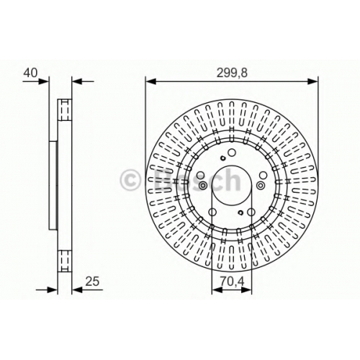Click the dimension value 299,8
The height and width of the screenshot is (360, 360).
(232, 73)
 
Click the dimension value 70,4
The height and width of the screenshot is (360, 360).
(232, 282)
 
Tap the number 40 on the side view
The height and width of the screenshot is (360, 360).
(30, 73)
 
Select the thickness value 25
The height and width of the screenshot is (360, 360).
(92, 282)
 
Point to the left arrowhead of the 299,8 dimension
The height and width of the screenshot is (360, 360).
(151, 81)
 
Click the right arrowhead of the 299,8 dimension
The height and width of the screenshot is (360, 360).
(312, 81)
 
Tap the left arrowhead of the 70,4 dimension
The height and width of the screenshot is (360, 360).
(217, 290)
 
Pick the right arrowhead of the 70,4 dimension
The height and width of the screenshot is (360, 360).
(246, 290)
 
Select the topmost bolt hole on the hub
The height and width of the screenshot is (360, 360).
(232, 153)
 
